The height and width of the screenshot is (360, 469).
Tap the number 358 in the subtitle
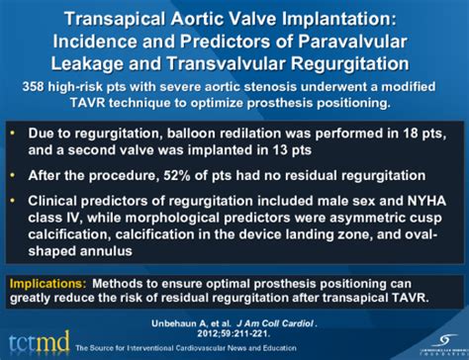tap(41, 87)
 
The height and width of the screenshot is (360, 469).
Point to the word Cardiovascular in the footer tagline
tap(200, 351)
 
